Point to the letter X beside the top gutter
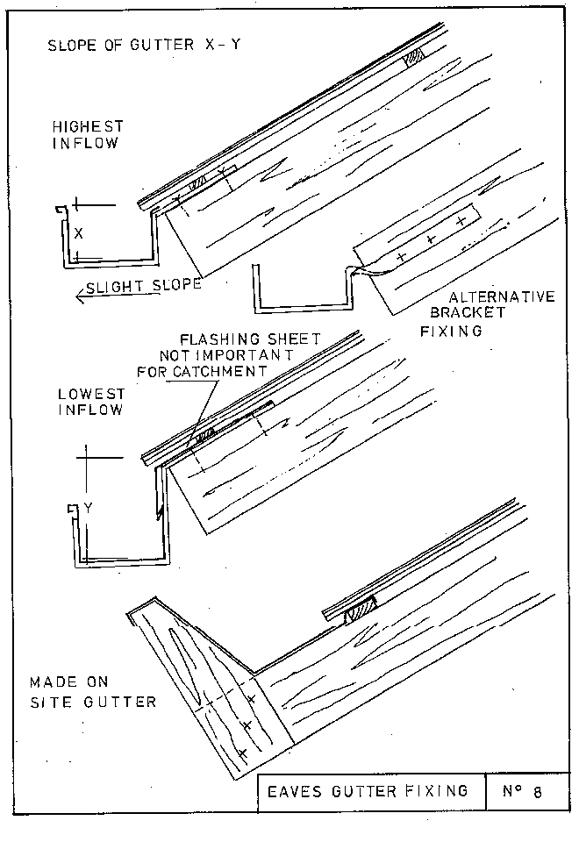click(79, 233)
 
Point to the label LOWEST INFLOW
click(89, 402)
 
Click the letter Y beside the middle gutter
click(88, 506)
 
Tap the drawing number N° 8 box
click(523, 792)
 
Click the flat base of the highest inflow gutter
click(112, 260)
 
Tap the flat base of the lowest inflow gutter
click(123, 557)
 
